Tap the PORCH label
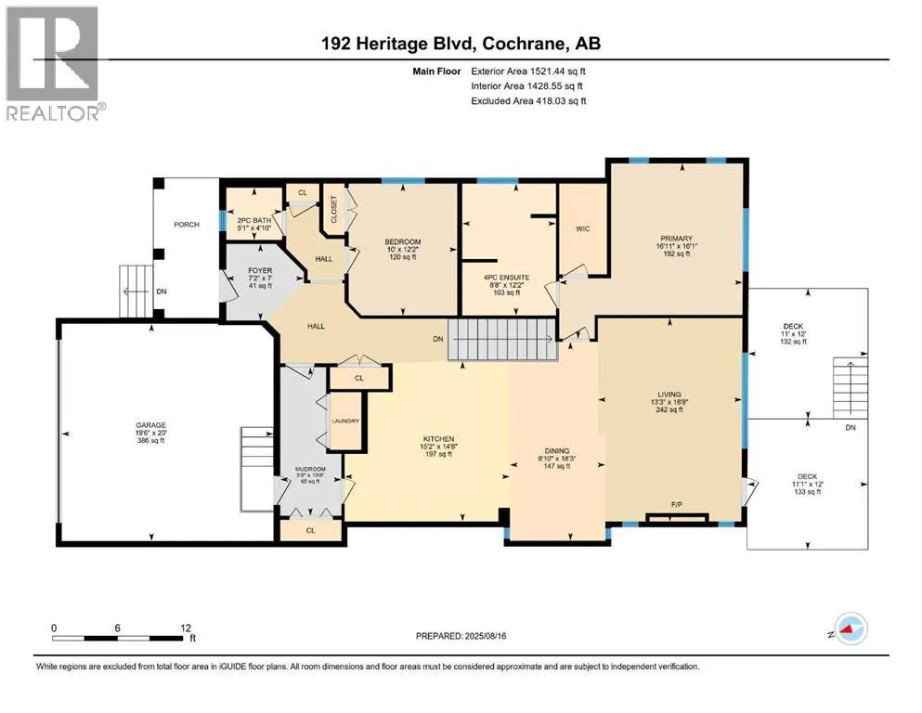coord(188,224)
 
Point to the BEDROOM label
coord(403,242)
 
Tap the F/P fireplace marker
coord(677,505)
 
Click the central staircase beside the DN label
coord(501,338)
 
